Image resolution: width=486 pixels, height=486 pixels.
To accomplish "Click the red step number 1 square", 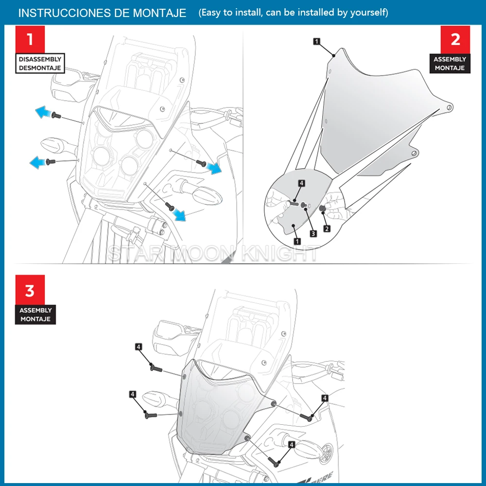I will click(x=30, y=39).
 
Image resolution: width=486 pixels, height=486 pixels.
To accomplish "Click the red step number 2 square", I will click(x=455, y=39).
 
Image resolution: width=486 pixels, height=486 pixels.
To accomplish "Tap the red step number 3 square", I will click(x=30, y=290).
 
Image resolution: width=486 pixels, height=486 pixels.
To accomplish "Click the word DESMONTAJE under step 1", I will click(x=40, y=68).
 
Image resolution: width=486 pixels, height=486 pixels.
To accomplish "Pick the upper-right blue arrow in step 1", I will click(x=214, y=168).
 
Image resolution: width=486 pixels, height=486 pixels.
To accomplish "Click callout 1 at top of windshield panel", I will click(x=316, y=42).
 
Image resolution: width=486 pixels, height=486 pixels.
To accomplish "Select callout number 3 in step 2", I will click(x=313, y=234).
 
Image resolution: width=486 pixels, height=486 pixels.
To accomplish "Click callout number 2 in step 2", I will click(x=327, y=228).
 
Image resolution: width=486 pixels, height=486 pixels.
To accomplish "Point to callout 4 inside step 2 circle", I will click(x=301, y=183).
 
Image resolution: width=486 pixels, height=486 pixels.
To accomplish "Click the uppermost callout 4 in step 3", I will click(x=139, y=347).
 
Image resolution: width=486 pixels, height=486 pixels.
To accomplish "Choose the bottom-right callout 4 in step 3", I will click(x=292, y=444).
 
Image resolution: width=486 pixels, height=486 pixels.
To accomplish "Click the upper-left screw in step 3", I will click(x=156, y=368).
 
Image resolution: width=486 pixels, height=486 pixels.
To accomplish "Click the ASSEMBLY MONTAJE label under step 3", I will click(x=35, y=314).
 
